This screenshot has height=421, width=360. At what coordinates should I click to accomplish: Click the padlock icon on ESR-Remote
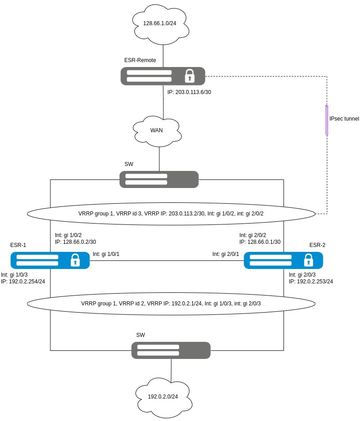pos(189,76)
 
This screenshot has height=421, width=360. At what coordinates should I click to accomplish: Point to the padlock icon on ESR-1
pos(75,260)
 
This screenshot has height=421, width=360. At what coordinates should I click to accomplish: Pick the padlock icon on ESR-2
pos(308,260)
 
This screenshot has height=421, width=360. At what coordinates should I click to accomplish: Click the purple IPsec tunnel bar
pos(327,120)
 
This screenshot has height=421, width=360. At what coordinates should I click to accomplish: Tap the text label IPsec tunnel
pos(344,119)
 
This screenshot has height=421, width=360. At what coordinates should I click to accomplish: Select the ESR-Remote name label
pos(140,60)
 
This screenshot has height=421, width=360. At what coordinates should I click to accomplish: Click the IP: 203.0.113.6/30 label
pos(189,92)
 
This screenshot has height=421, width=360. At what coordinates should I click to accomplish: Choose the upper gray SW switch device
pos(159,179)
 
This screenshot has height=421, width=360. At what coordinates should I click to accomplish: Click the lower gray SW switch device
pos(171,350)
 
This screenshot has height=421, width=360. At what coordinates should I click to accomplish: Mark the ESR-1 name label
pos(18,245)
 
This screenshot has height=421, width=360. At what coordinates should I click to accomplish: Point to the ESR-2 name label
pos(317,245)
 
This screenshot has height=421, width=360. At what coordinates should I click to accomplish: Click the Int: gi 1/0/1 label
pos(106,254)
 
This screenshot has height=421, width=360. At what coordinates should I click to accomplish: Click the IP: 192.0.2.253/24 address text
pos(311,281)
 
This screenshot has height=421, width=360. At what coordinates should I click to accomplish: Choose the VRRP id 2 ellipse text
pos(171,304)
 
